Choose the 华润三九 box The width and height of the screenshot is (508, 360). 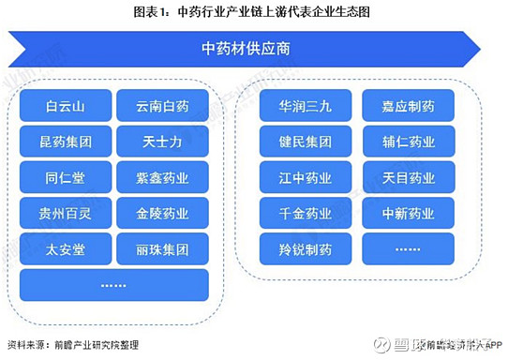click(306, 107)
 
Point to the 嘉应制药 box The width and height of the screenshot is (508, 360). click(408, 107)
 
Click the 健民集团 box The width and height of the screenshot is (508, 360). click(306, 142)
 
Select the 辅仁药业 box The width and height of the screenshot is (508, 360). click(408, 142)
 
